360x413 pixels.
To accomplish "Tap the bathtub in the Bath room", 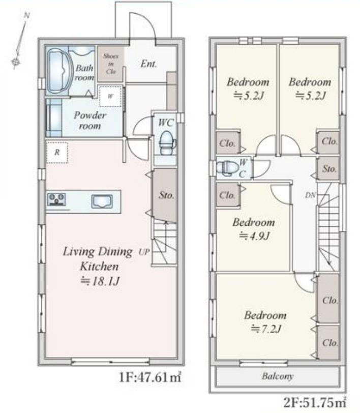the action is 59,71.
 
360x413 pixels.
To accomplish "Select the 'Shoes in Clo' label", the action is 111,64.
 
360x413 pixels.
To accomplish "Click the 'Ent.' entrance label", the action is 148,64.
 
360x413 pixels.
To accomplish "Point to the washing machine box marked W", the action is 111,96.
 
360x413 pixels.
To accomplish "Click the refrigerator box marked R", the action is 57,153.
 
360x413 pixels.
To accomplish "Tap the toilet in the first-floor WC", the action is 167,143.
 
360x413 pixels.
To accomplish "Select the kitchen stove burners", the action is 56,199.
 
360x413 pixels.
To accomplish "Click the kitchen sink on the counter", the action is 102,201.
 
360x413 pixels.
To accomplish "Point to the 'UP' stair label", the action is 144,252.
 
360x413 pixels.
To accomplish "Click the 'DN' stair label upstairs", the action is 310,195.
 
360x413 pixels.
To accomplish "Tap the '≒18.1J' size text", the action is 100,281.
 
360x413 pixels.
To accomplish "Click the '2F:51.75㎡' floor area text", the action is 315,403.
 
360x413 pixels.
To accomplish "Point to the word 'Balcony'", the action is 278,376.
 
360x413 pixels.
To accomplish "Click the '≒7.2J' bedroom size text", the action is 266,329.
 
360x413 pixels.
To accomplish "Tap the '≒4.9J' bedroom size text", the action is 254,235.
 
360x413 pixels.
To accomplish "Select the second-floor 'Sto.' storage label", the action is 329,168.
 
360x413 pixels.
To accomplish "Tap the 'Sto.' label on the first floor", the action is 166,195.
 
